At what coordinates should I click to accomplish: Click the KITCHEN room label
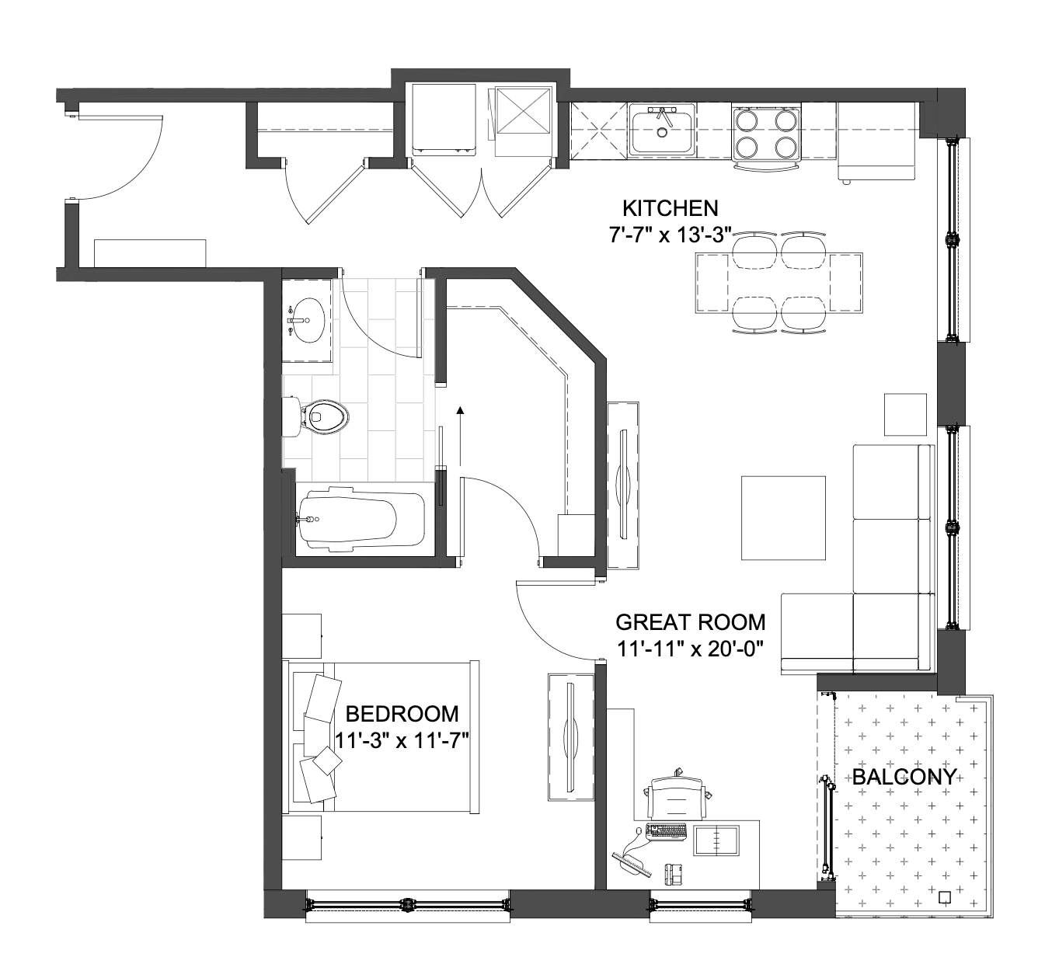670,208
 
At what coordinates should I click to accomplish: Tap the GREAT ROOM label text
691,622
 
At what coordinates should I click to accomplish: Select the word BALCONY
904,777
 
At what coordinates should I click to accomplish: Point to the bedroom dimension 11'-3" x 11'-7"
401,740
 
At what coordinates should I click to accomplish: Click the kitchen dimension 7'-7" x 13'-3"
669,235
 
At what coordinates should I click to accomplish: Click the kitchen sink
662,129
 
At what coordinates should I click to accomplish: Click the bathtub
361,518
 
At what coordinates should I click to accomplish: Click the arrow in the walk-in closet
461,437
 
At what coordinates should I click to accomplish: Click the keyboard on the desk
666,831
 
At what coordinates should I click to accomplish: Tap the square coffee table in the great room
783,517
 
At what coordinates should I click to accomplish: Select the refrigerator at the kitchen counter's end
876,141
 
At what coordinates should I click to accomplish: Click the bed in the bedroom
381,737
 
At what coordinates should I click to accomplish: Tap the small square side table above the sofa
905,415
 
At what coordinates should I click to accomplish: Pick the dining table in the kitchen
778,283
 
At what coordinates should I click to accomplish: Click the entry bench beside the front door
150,253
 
